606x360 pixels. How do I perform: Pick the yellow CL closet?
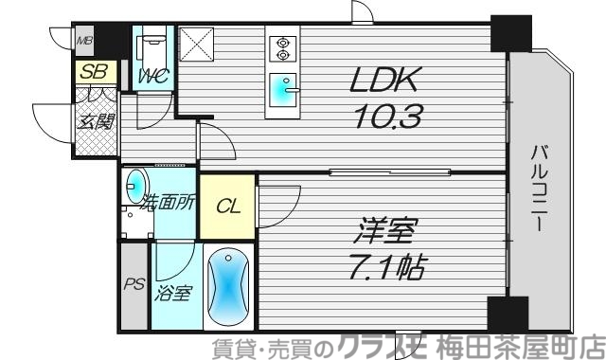226,208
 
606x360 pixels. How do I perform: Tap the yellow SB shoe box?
94,70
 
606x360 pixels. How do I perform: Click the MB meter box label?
84,40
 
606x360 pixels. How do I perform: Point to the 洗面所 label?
169,201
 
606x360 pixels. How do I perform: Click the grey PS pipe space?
133,285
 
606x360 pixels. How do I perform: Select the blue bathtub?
226,287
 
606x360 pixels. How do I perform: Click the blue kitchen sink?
282,93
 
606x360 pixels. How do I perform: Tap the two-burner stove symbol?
283,49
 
